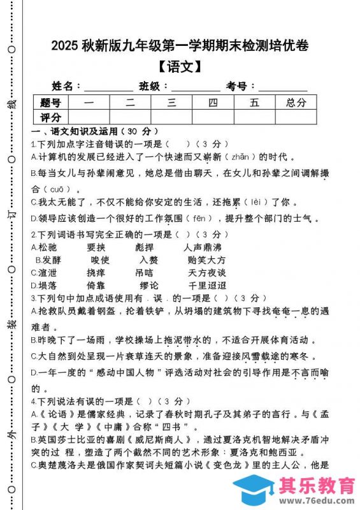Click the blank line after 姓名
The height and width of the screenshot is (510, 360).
pos(108,87)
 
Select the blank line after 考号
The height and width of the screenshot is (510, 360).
pos(282,87)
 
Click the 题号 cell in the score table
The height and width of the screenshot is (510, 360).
pos(50,102)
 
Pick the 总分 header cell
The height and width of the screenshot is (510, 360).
pos(296,102)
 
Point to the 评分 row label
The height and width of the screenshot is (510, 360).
pos(50,117)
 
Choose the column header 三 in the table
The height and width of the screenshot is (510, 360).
pos(171,102)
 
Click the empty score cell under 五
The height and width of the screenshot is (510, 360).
pos(254,117)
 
